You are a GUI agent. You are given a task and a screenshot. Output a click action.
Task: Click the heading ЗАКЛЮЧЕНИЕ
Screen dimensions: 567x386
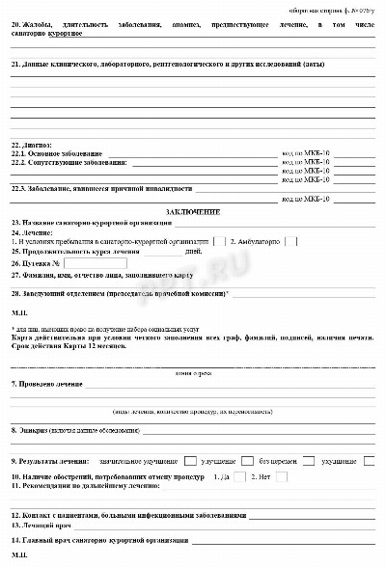[193, 211]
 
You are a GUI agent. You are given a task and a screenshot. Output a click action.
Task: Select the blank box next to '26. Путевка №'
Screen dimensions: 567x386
[96, 262]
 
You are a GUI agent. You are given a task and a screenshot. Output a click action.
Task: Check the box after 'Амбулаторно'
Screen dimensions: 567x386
[292, 241]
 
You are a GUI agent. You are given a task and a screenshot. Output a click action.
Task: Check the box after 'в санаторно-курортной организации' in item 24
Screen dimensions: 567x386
[219, 241]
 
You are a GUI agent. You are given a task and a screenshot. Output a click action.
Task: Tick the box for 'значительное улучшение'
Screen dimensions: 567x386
[190, 462]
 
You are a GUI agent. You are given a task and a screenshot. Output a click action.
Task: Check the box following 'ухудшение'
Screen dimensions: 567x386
[370, 462]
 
